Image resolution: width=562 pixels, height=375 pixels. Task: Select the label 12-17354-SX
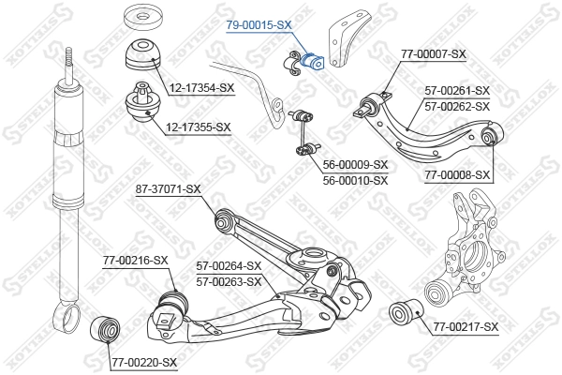[x=201, y=88]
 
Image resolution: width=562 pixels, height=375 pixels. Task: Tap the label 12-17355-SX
[x=200, y=127]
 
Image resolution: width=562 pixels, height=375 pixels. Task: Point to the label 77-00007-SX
[x=433, y=53]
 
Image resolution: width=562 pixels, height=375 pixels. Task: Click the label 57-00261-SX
[x=457, y=91]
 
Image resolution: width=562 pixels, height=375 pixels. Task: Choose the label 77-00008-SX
[x=457, y=174]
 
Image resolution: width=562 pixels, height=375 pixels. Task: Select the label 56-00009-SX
[x=354, y=165]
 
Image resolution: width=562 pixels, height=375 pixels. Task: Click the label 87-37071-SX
[x=169, y=188]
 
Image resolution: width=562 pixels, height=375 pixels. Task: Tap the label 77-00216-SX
[x=136, y=260]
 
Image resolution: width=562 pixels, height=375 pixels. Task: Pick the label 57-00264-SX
[x=228, y=266]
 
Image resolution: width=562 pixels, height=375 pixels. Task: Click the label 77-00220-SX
[x=143, y=361]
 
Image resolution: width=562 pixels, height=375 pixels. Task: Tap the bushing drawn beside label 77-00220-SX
[x=104, y=331]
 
